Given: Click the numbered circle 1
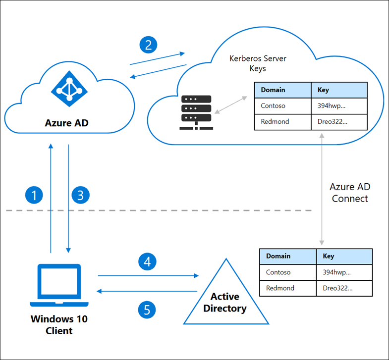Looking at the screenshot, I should (34, 195).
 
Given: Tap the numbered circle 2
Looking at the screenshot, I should (148, 46).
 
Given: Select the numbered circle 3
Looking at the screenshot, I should (80, 195).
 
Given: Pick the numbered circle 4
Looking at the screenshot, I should (147, 261).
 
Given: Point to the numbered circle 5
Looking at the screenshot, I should (147, 310).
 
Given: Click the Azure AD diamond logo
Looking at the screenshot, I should (69, 88).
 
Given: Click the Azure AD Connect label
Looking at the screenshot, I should (350, 193).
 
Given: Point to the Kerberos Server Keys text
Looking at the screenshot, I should (257, 63).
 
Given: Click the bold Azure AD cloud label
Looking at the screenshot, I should (67, 122).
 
